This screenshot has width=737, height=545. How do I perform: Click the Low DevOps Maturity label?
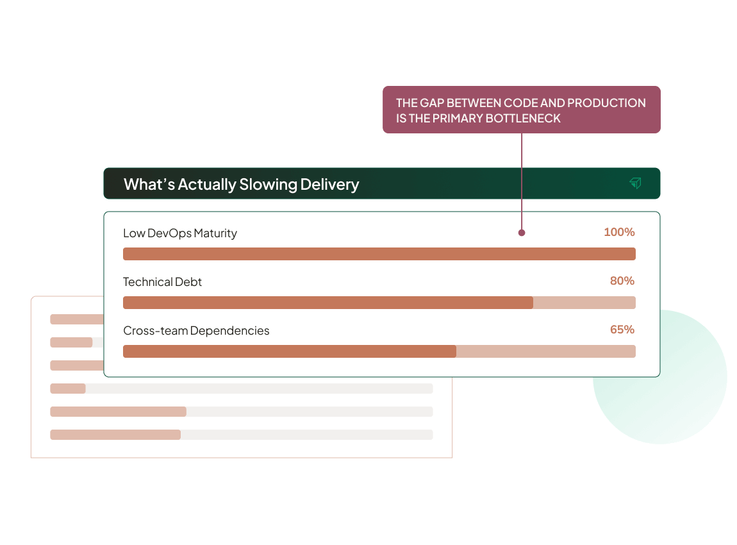pos(180,233)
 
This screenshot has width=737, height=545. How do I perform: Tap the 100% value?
pos(619,232)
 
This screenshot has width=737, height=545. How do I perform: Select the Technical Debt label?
pos(162,282)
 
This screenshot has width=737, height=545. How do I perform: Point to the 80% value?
pos(622,281)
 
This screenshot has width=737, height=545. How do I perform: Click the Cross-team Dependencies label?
pos(196,331)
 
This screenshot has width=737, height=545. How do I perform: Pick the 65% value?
pos(622,330)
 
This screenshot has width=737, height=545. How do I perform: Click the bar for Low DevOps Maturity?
pos(379,254)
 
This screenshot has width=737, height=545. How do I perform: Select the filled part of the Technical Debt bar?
pos(327,303)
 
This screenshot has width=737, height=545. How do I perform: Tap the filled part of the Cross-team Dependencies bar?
pos(289,351)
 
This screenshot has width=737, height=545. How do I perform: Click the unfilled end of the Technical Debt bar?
pos(584,303)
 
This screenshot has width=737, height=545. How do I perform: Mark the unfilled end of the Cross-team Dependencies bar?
pos(545,351)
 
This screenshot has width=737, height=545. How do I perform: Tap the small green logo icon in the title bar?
pos(635,184)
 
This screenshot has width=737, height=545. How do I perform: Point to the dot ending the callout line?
pos(522,233)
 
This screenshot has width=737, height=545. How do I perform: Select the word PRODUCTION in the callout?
pos(606,103)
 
